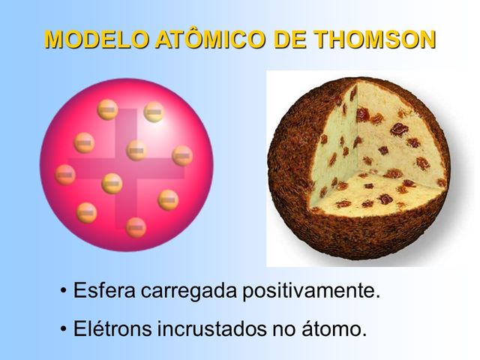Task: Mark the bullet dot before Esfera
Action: pyautogui.click(x=64, y=292)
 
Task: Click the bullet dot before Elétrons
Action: pyautogui.click(x=64, y=328)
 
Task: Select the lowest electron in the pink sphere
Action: pyautogui.click(x=136, y=226)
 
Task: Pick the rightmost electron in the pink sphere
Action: pyautogui.click(x=182, y=155)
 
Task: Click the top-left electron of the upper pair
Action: pyautogui.click(x=108, y=110)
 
